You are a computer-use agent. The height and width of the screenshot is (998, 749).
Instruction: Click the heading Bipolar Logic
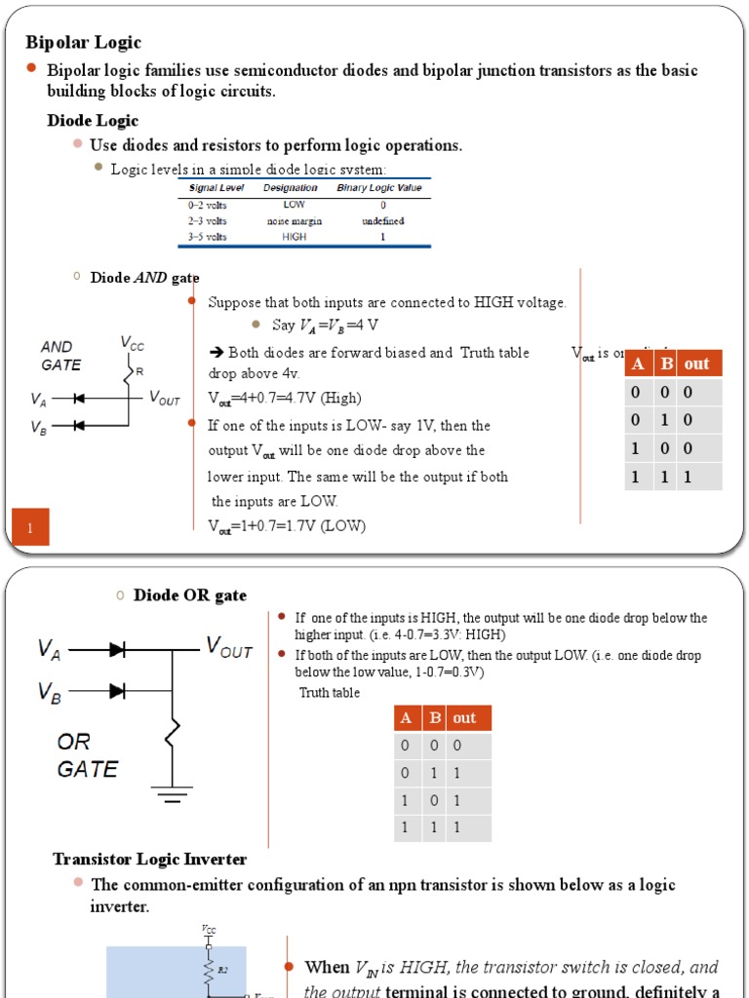click(83, 42)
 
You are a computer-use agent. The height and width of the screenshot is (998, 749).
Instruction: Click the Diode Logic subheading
click(93, 121)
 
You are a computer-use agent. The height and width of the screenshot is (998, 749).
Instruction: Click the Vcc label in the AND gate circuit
click(132, 343)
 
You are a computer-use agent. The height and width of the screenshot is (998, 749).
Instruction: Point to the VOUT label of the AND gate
click(164, 398)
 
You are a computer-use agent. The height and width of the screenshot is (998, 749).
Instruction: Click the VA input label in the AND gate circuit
click(38, 400)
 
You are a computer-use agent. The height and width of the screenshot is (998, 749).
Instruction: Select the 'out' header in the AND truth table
click(696, 364)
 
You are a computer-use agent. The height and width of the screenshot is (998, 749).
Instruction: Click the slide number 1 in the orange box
click(30, 528)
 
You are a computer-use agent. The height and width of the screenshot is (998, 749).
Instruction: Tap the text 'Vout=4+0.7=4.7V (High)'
click(284, 398)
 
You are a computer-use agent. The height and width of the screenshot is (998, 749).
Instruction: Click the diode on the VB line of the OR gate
click(118, 691)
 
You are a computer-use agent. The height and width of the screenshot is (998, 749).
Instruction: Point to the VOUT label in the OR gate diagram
click(228, 648)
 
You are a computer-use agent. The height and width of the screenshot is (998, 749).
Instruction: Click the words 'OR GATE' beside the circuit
click(87, 756)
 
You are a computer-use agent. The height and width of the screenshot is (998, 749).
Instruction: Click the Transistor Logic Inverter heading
click(149, 859)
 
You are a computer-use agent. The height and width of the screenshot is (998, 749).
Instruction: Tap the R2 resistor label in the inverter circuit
click(223, 971)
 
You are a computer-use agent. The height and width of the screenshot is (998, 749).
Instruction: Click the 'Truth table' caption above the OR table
click(329, 693)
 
